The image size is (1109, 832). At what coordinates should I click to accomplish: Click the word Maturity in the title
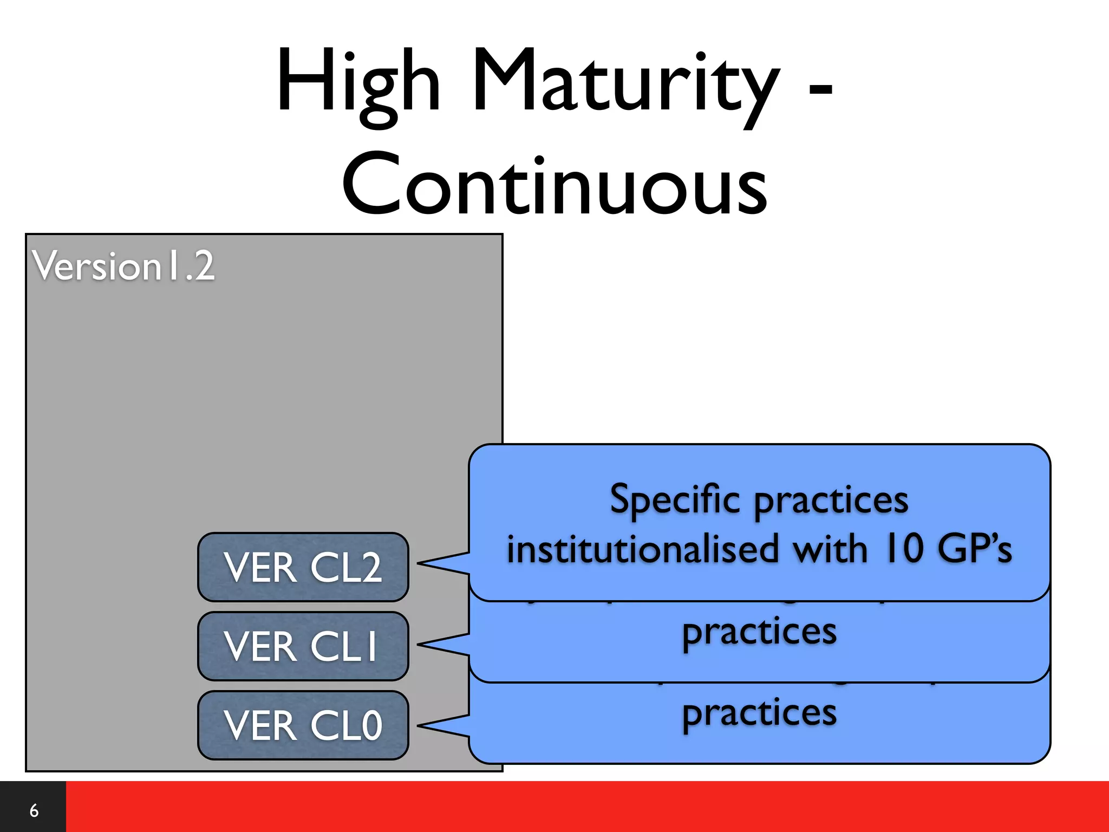(625, 84)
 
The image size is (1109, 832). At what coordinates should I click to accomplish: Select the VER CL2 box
(303, 567)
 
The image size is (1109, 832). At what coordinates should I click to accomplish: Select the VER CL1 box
(303, 646)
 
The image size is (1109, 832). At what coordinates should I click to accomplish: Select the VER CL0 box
(303, 725)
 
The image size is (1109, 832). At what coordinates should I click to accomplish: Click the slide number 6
(34, 810)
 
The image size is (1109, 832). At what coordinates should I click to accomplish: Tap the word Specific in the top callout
(675, 499)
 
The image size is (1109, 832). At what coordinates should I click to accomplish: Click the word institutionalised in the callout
(642, 549)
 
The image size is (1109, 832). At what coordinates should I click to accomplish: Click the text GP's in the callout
(975, 549)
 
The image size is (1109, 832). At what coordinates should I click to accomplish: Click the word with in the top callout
(831, 549)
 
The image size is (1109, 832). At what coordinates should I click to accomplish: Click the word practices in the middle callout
(759, 633)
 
